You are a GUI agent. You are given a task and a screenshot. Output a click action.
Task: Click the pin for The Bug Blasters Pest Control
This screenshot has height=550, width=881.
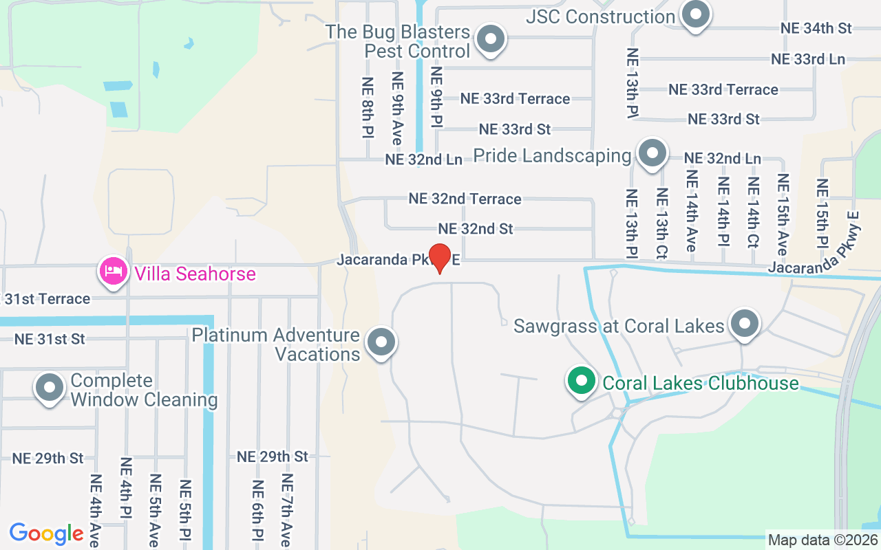tap(491, 38)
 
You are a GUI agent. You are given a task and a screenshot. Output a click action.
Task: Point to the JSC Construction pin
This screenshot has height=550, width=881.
tap(696, 14)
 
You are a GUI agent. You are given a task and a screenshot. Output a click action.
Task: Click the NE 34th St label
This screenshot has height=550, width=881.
tap(816, 28)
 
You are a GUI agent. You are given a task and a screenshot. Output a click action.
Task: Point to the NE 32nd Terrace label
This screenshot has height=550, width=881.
tap(465, 199)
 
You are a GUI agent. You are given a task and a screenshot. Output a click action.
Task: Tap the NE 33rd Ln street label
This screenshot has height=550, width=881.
tap(807, 59)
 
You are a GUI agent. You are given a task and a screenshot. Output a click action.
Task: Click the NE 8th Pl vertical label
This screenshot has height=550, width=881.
tap(368, 106)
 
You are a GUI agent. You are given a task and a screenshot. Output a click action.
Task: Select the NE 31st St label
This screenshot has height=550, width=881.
tap(50, 339)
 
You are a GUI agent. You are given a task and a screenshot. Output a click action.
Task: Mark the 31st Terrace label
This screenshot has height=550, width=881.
tap(47, 299)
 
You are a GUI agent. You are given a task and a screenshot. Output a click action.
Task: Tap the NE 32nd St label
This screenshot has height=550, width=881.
tap(476, 228)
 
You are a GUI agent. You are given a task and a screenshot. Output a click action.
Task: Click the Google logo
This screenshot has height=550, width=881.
tap(46, 533)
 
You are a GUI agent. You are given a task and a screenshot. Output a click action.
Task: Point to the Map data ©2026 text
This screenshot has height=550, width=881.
tap(822, 540)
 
